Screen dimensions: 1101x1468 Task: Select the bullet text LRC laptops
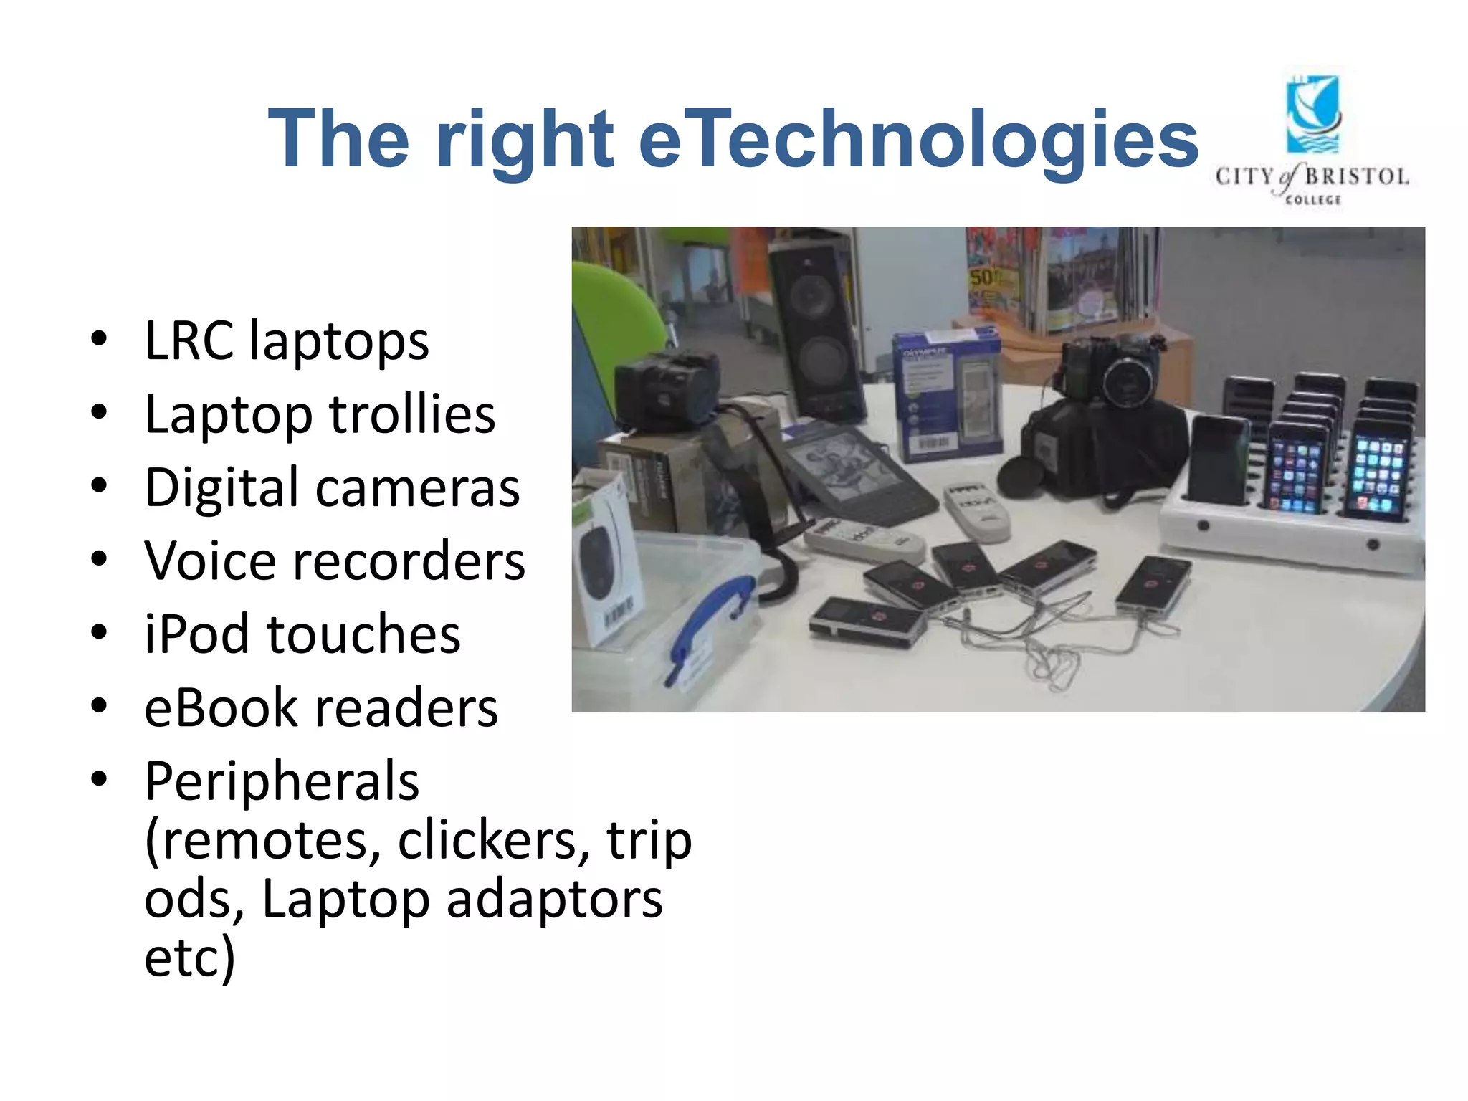287,340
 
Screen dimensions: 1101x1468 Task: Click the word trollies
412,414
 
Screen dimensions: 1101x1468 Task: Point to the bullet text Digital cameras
332,487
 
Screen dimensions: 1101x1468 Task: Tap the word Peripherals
282,781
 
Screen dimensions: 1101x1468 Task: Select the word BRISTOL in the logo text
1356,176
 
